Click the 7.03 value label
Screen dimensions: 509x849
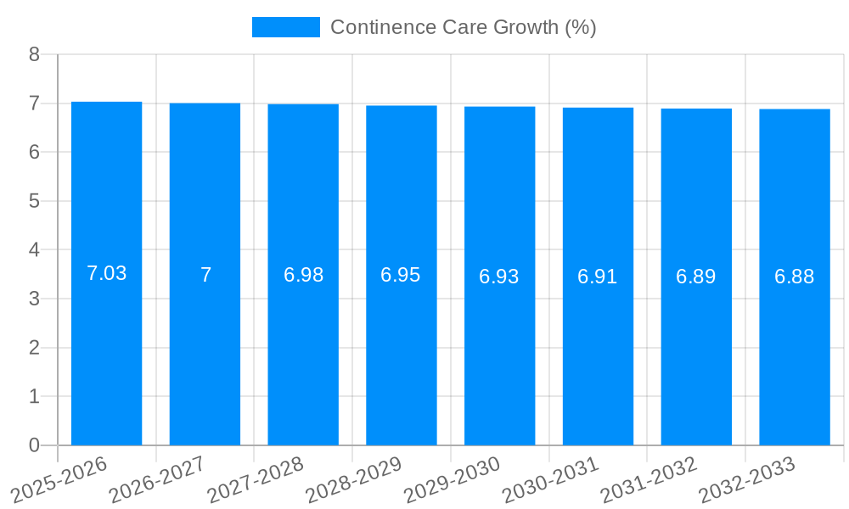click(x=107, y=273)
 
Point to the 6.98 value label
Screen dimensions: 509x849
click(x=303, y=275)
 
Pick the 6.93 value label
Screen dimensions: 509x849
click(x=499, y=277)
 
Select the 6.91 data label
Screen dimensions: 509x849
click(x=598, y=277)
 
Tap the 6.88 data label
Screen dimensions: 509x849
click(x=795, y=277)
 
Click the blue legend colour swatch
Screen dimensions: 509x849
click(x=286, y=27)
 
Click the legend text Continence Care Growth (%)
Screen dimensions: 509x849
click(x=464, y=27)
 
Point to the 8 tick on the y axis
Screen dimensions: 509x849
click(x=34, y=54)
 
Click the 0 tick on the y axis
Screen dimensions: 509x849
click(x=34, y=445)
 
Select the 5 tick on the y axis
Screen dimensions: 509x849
click(x=34, y=201)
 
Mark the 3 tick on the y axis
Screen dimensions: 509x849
click(x=34, y=299)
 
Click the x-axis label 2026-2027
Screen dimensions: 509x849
click(x=157, y=479)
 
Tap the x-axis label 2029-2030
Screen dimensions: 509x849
click(x=452, y=479)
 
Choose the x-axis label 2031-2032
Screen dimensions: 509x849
click(x=649, y=479)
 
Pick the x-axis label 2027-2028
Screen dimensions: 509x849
click(x=256, y=479)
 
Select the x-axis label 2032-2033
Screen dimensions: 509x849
click(x=747, y=479)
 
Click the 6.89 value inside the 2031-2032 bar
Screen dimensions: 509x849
click(x=696, y=277)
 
